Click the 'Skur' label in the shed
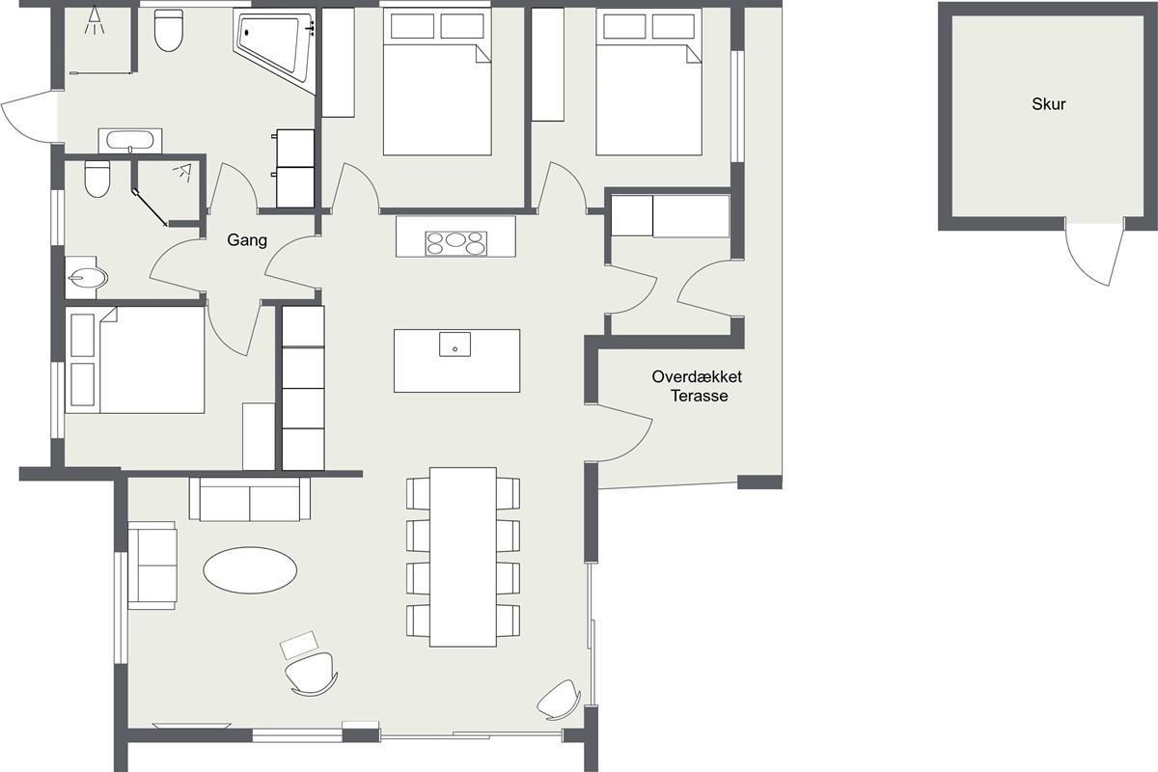1048,104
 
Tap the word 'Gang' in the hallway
247,240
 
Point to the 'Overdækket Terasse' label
697,386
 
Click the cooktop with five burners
455,243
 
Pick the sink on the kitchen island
455,345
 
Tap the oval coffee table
250,569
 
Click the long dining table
463,557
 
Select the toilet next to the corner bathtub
169,30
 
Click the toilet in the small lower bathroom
97,179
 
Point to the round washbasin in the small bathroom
87,278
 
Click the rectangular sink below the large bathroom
130,141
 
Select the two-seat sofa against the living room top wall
250,499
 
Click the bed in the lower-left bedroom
135,360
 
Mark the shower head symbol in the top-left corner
95,20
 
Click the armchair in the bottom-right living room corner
560,701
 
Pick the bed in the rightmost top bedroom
648,82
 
